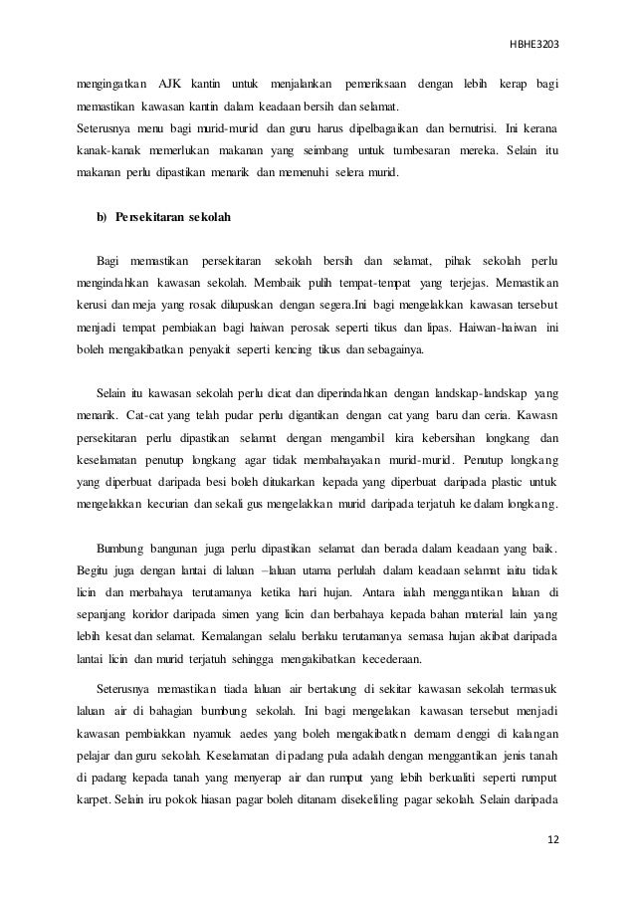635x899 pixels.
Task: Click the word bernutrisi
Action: (x=475, y=129)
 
